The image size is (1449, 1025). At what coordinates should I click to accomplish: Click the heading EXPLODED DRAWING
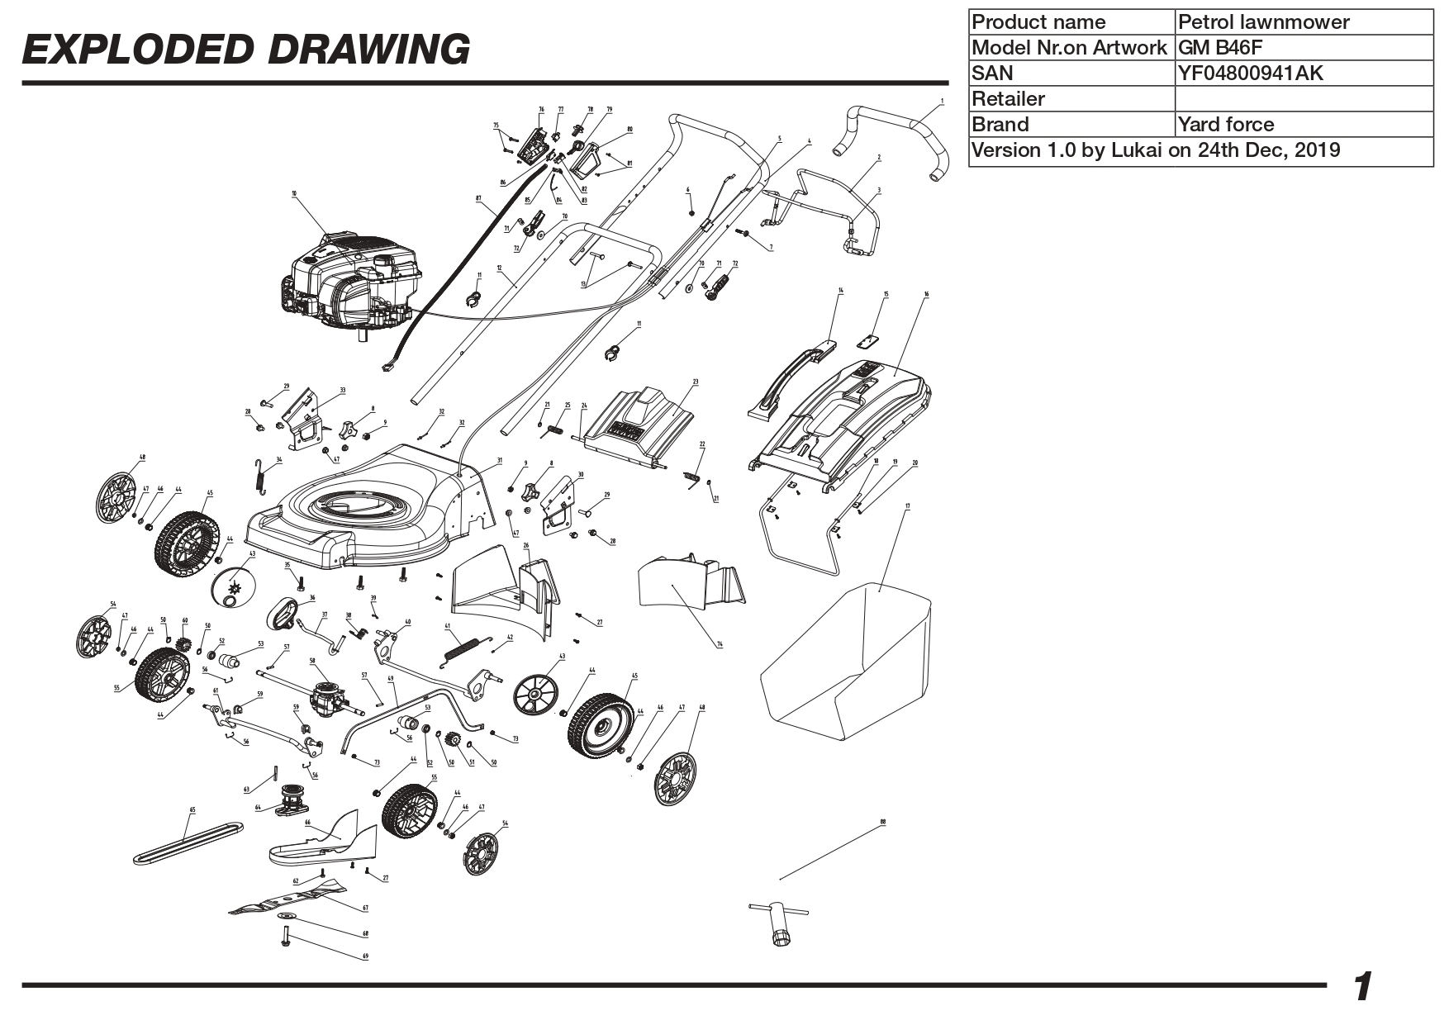[x=246, y=50]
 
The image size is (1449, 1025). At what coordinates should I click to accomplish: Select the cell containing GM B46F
[x=1303, y=47]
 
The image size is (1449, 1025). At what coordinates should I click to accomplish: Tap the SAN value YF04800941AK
[x=1303, y=73]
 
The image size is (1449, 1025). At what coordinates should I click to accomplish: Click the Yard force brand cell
[x=1303, y=124]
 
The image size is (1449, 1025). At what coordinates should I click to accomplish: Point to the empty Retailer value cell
[x=1303, y=98]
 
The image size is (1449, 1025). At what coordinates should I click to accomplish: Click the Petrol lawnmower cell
[x=1303, y=21]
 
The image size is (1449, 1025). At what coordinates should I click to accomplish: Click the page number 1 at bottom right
[x=1363, y=987]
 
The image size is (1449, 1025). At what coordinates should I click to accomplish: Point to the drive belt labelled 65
[x=188, y=842]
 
